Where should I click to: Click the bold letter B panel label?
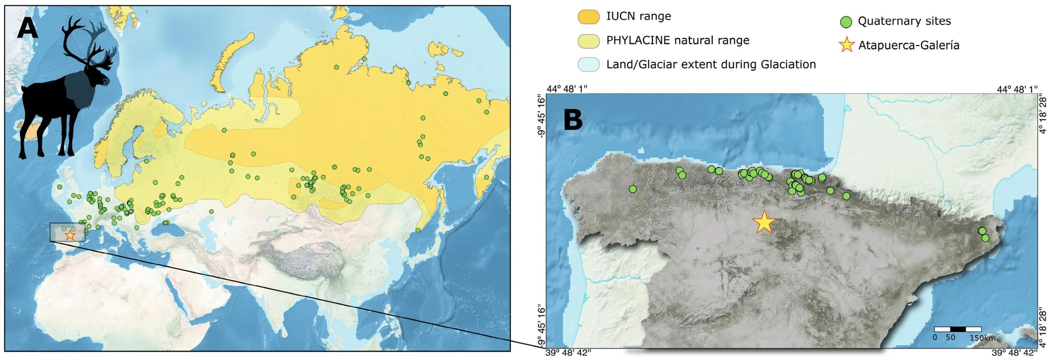pos(573,121)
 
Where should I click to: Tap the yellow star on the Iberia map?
pos(764,222)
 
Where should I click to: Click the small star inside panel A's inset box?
pos(70,235)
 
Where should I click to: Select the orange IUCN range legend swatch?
pos(588,17)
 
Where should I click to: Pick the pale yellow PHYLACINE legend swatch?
pos(588,41)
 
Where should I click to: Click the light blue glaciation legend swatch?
pos(588,65)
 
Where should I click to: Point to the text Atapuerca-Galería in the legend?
pos(909,46)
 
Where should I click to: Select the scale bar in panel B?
pos(957,329)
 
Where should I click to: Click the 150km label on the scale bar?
pos(982,338)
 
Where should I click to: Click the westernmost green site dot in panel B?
pos(632,189)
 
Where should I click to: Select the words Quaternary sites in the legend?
pos(904,21)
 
